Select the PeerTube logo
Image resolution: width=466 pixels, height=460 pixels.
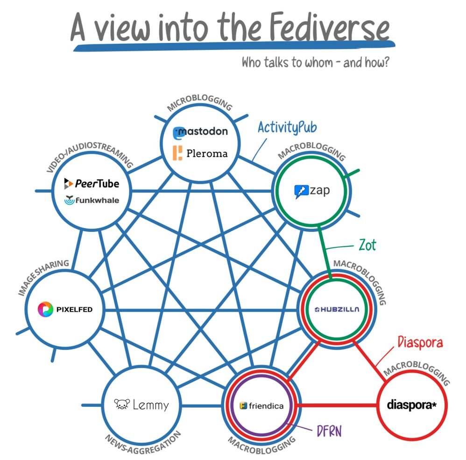[x=92, y=183]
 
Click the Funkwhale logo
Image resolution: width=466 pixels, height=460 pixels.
[x=92, y=200]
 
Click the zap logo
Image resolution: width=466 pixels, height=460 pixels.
[x=312, y=191]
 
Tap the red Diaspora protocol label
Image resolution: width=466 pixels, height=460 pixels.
[x=420, y=342]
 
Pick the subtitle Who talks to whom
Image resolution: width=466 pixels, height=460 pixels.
[x=315, y=63]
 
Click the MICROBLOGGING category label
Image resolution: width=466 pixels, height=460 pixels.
[x=199, y=104]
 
